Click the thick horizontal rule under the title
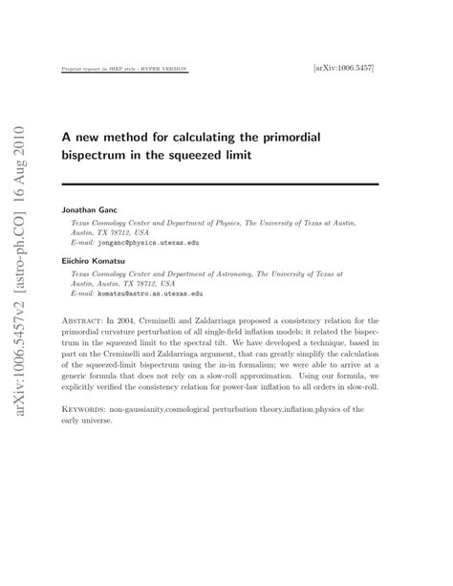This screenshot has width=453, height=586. click(x=220, y=184)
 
